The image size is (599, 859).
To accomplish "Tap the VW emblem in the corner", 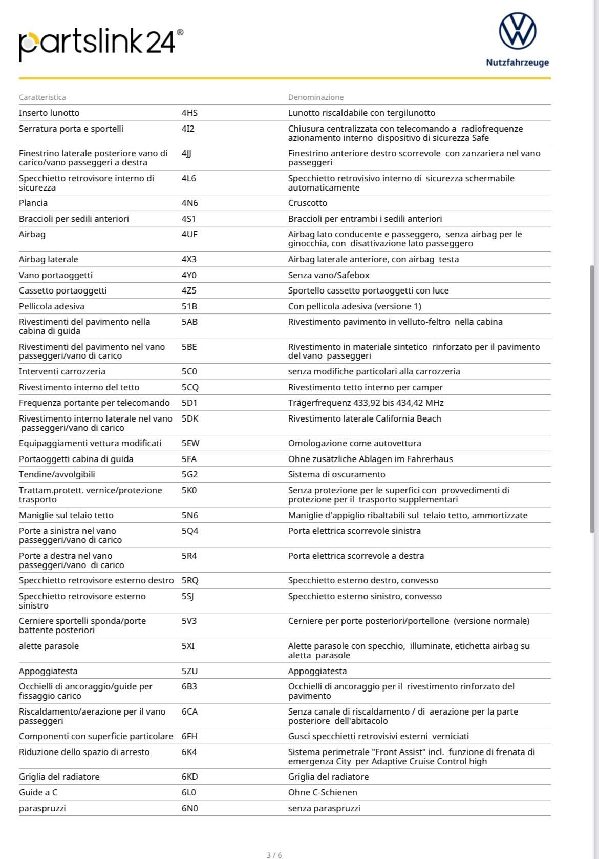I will coord(517,31).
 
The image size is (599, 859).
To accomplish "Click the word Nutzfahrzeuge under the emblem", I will coord(517,62).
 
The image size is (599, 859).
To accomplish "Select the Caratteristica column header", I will coord(42,97).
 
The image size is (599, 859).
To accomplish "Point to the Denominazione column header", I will coord(316,97).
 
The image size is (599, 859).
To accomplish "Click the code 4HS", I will coord(189,113).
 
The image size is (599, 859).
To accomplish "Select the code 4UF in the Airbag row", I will coord(189,234).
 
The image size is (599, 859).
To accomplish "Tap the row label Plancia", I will coord(33,203).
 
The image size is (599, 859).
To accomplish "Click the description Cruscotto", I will coord(308,203).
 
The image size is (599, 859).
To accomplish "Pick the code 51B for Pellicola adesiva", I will coord(189,306).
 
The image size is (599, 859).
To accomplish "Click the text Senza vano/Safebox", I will coord(329,275).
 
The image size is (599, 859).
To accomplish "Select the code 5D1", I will coord(189,403).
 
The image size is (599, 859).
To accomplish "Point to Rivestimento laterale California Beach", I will coord(365,418).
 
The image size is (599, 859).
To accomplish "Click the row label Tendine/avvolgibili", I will coord(57,474).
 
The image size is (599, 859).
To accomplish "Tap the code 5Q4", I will coord(190,531).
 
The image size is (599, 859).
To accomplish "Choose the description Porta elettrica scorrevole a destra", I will coord(356,556).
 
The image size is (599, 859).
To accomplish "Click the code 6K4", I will coord(189,752).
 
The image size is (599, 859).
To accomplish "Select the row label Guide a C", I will coord(38,792).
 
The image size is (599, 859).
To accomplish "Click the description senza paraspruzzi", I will coord(324,808).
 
